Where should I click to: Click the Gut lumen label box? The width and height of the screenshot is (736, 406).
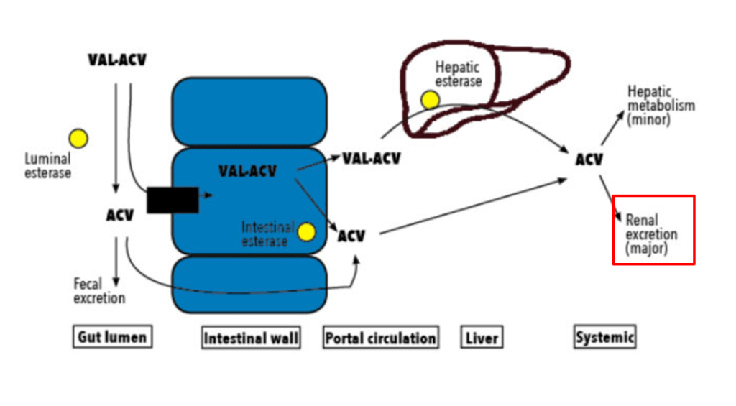(x=112, y=337)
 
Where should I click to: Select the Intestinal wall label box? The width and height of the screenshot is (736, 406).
(x=252, y=338)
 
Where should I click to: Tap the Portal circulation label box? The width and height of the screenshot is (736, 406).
(x=380, y=338)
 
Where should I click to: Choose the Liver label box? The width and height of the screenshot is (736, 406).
(x=481, y=338)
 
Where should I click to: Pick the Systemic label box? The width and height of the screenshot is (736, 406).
(x=604, y=337)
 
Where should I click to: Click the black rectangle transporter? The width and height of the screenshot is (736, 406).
(x=172, y=199)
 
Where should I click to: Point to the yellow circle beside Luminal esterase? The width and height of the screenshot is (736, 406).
(x=78, y=138)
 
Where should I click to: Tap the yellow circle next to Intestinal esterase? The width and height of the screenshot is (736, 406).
(x=307, y=232)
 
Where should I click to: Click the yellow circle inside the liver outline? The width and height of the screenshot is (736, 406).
(x=430, y=100)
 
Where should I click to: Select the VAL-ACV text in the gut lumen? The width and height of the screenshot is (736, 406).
(x=117, y=60)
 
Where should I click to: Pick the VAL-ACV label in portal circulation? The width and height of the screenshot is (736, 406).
(x=371, y=158)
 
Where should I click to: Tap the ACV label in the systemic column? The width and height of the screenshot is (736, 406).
(x=589, y=160)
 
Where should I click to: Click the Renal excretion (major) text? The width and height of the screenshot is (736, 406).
(x=651, y=234)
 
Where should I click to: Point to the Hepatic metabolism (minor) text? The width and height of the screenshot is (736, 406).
(x=661, y=106)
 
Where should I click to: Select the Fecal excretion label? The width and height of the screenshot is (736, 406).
(x=99, y=290)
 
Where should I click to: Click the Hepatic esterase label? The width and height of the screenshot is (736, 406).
(x=458, y=74)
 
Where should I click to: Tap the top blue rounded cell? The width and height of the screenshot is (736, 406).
(x=249, y=111)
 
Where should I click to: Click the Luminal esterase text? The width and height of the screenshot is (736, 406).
(x=47, y=165)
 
